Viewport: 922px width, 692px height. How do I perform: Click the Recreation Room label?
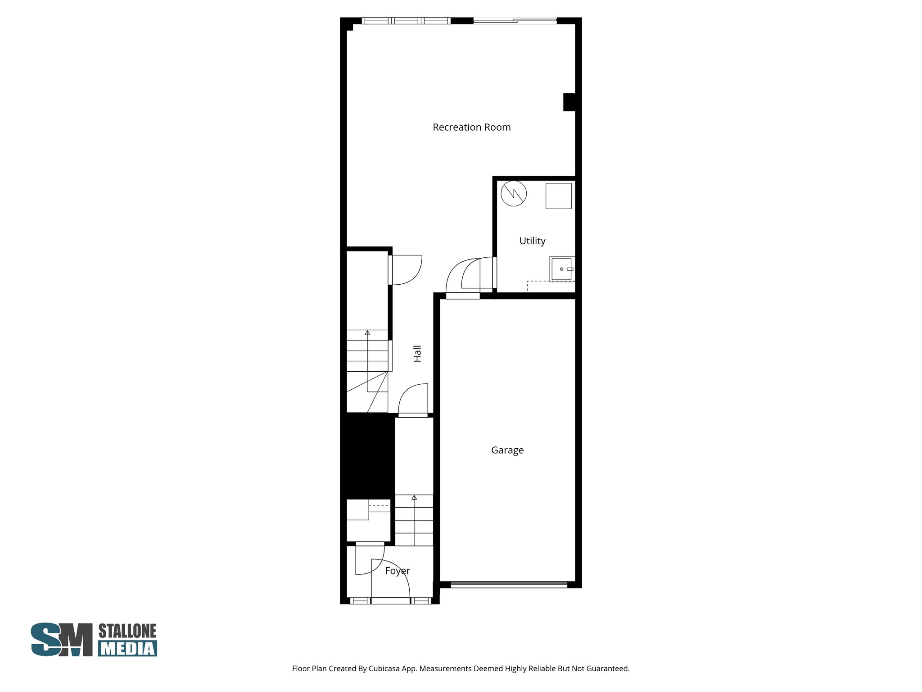pyautogui.click(x=471, y=127)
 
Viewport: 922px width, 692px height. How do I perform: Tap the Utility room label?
pyautogui.click(x=532, y=241)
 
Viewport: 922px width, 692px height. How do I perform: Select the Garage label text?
pyautogui.click(x=507, y=450)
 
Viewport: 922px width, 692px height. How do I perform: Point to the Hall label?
pyautogui.click(x=417, y=354)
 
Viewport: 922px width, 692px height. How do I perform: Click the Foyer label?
pyautogui.click(x=398, y=571)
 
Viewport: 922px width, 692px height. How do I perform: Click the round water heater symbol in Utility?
pyautogui.click(x=514, y=194)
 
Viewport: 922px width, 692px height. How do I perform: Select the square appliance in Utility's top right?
pyautogui.click(x=558, y=196)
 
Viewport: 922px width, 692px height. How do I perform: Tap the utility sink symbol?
pyautogui.click(x=562, y=269)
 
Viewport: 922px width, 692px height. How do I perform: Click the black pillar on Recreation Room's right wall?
pyautogui.click(x=569, y=102)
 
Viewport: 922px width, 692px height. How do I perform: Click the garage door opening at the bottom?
pyautogui.click(x=509, y=585)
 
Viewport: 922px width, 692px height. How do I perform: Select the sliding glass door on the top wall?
pyautogui.click(x=515, y=21)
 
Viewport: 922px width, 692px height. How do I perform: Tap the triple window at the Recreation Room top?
pyautogui.click(x=406, y=21)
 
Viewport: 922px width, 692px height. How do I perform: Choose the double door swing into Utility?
pyautogui.click(x=470, y=275)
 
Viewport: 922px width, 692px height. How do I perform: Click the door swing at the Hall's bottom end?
pyautogui.click(x=412, y=400)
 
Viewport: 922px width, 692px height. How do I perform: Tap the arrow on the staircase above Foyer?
pyautogui.click(x=414, y=498)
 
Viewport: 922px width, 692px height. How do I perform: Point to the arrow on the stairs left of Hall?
pyautogui.click(x=367, y=333)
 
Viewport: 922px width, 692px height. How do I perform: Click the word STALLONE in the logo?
pyautogui.click(x=127, y=631)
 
